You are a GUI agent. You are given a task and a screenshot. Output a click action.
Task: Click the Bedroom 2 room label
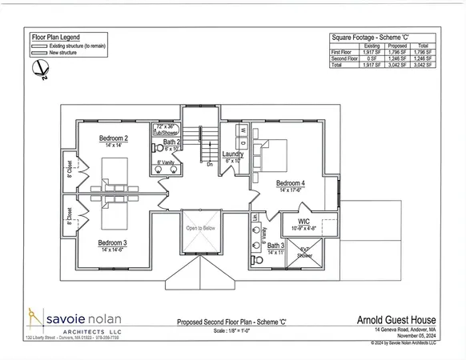point(114,138)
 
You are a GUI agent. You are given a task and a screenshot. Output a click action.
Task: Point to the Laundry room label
point(233,154)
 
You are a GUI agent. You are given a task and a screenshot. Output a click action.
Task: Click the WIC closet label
point(303,220)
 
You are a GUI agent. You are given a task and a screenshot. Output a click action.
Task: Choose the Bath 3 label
point(276,246)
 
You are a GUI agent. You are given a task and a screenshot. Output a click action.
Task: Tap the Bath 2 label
point(172,142)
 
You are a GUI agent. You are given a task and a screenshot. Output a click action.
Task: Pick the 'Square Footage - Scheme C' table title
point(382,38)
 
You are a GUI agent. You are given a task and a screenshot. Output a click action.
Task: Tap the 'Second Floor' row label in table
point(345,58)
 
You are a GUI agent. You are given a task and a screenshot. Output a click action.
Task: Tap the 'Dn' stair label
point(210,163)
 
